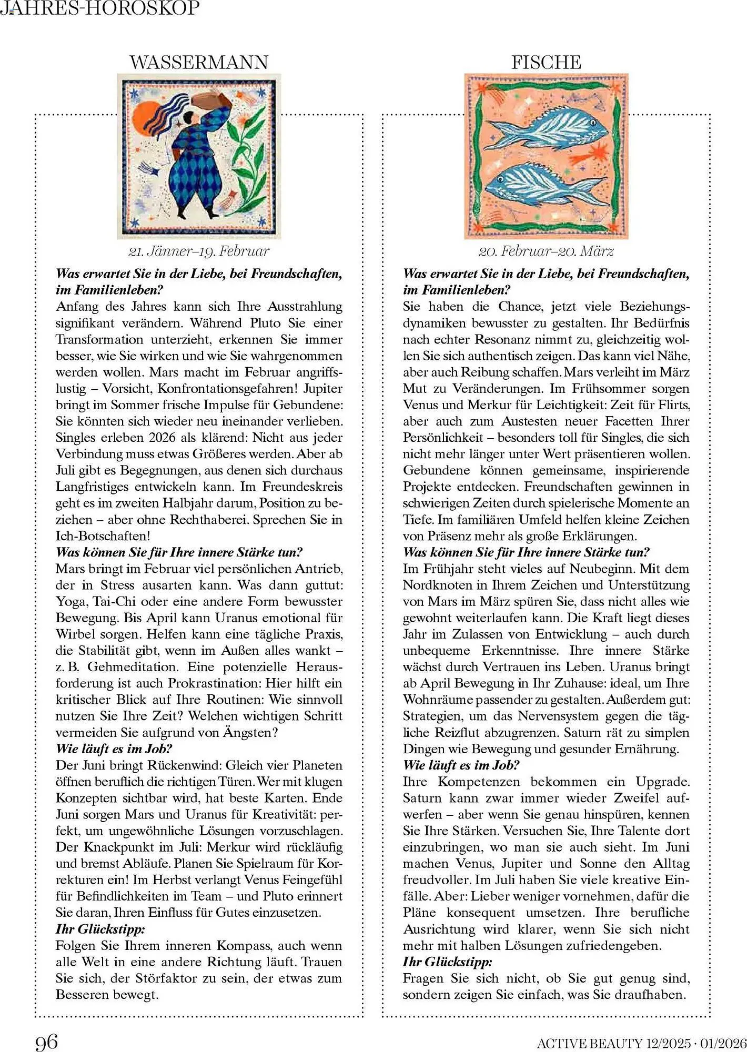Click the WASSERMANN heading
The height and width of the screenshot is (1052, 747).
(199, 63)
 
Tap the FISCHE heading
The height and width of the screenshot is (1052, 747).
(546, 63)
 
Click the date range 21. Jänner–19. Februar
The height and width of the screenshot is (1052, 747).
(199, 251)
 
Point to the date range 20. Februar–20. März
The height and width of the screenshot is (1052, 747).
(546, 251)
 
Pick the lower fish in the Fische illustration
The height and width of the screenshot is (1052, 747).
(544, 183)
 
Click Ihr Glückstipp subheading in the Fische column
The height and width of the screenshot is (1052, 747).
(447, 962)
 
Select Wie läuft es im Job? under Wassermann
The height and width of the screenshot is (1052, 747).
(114, 748)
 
